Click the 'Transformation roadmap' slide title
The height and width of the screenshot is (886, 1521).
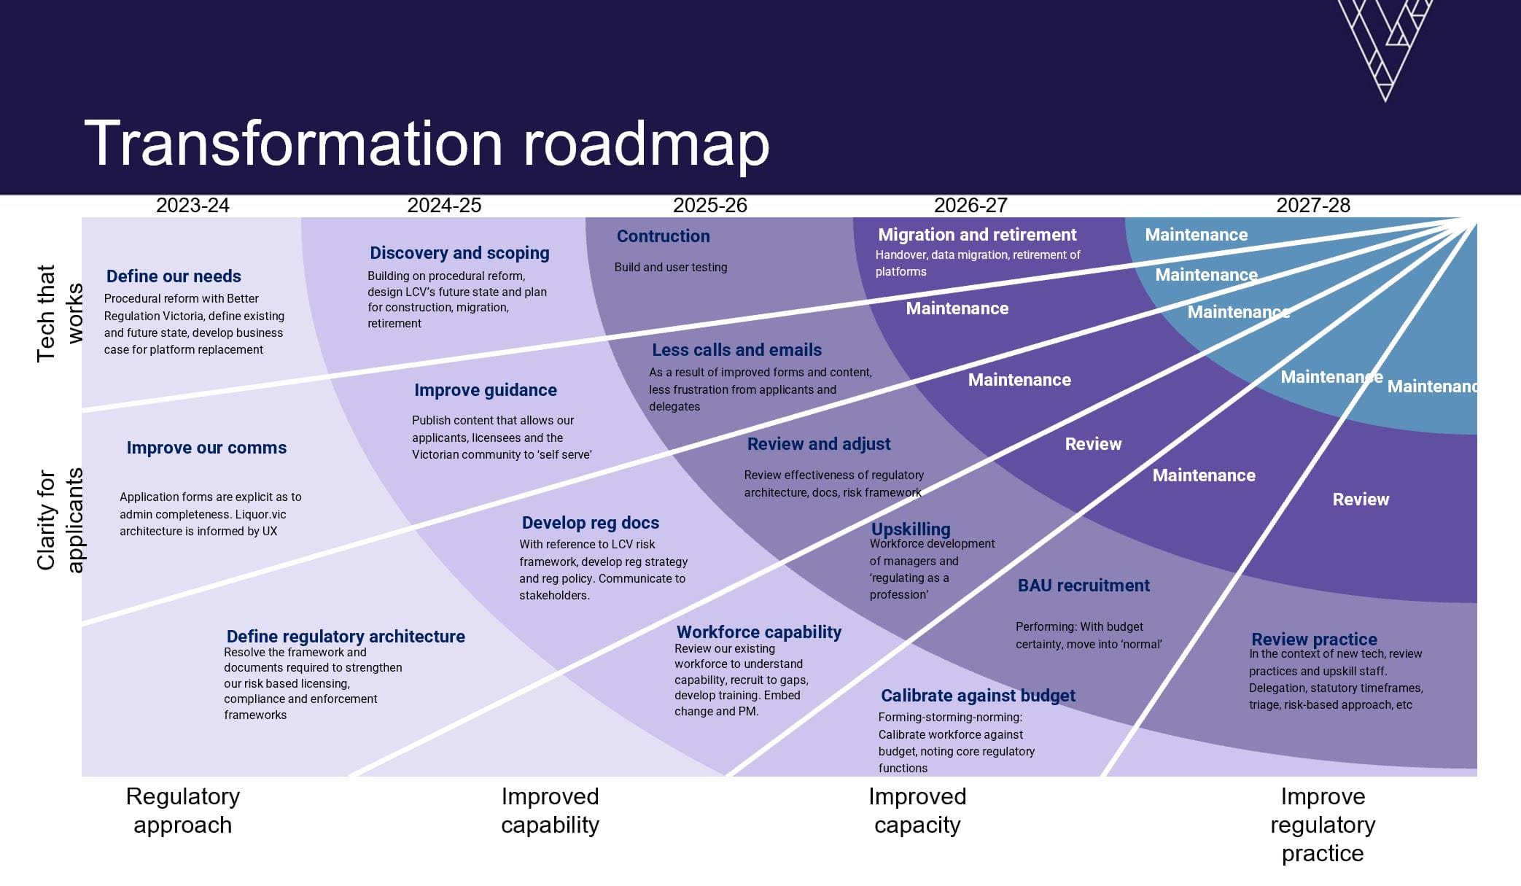[x=427, y=144]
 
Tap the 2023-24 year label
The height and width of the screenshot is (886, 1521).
[x=192, y=206]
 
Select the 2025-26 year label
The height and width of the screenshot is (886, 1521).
[x=709, y=206]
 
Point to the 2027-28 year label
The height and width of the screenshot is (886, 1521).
[x=1312, y=206]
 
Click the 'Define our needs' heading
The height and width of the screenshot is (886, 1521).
[x=174, y=276]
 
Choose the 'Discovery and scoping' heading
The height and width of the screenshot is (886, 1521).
[x=459, y=253]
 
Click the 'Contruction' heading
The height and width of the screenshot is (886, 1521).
[x=663, y=236]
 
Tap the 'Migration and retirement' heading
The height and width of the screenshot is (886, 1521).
[x=977, y=235]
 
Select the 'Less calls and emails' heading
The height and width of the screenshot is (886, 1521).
[x=736, y=350]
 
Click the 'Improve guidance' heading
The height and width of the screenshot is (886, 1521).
[x=485, y=390]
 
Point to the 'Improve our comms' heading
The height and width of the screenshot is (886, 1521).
[x=206, y=448]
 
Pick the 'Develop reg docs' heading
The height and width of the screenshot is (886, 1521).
[x=590, y=523]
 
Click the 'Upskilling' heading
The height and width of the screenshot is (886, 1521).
[x=911, y=529]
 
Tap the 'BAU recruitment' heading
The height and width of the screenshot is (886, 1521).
[x=1084, y=586]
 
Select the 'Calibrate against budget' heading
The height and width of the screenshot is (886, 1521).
[x=978, y=696]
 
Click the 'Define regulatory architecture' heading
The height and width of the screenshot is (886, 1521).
[x=346, y=637]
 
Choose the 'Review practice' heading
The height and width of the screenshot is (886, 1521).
[x=1314, y=640]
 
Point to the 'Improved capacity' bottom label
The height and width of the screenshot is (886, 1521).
[x=917, y=810]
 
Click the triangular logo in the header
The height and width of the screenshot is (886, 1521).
[x=1385, y=44]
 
